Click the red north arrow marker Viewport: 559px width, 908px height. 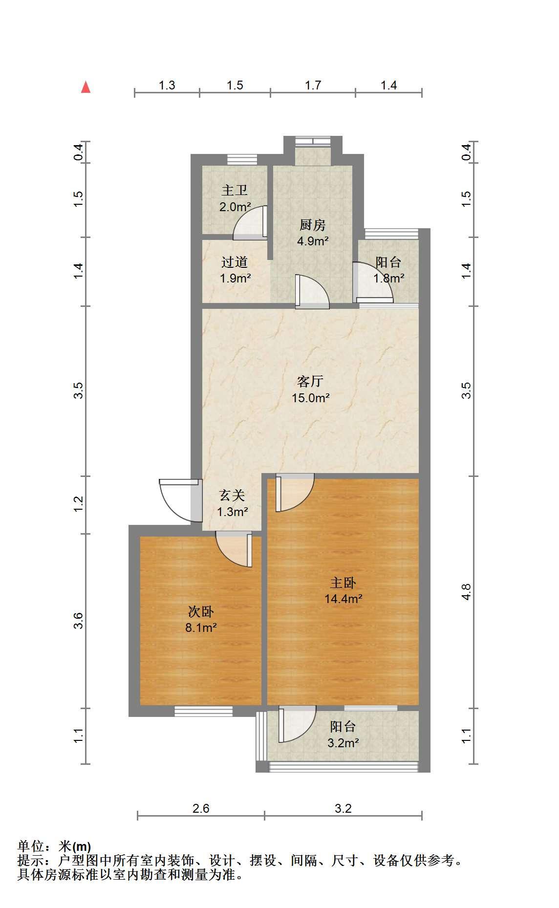click(86, 87)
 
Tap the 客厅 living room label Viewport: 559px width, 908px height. click(310, 381)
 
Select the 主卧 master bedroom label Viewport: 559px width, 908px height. click(343, 583)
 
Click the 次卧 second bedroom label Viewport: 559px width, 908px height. click(201, 612)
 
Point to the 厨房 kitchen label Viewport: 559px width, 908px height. click(312, 225)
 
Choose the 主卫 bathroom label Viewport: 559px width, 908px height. click(235, 190)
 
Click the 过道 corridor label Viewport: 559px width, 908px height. click(235, 262)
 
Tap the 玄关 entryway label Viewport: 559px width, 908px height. click(232, 496)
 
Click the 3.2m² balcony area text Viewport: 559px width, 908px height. click(343, 743)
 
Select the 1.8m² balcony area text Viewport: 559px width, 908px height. click(389, 279)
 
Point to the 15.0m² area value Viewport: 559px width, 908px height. click(311, 398)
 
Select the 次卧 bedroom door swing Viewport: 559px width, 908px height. click(234, 549)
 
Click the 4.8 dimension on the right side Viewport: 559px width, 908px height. click(466, 592)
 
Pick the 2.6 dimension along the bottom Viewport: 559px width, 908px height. click(201, 808)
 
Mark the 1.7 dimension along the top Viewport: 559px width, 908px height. click(313, 85)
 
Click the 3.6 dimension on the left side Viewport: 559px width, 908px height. click(79, 621)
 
